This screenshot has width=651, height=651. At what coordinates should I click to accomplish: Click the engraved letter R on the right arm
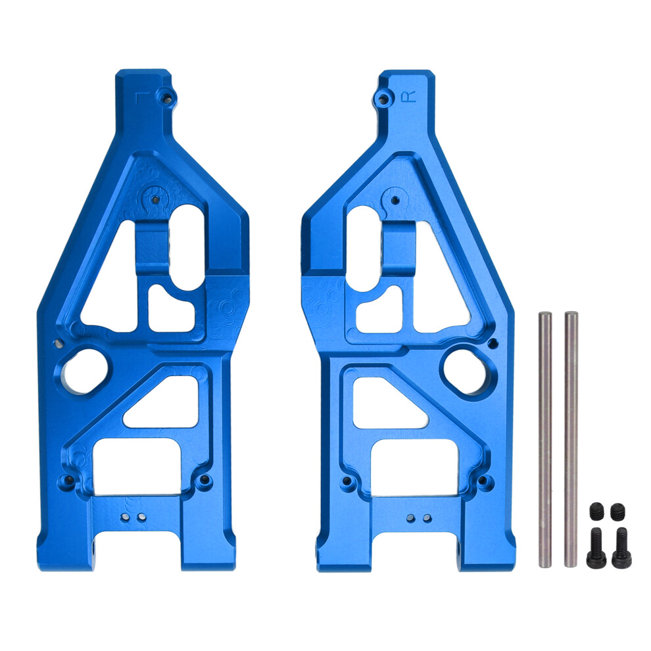[x=408, y=96]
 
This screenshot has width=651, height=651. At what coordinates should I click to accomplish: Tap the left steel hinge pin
[x=544, y=439]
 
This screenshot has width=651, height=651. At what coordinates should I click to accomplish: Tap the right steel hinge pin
[x=571, y=439]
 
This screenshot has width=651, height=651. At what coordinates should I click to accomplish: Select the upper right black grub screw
[x=617, y=511]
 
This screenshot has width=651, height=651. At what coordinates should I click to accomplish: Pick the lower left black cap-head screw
[x=596, y=548]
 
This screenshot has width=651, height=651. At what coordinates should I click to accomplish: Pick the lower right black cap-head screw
[x=621, y=548]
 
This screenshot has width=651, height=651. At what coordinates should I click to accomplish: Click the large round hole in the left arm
[x=85, y=371]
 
